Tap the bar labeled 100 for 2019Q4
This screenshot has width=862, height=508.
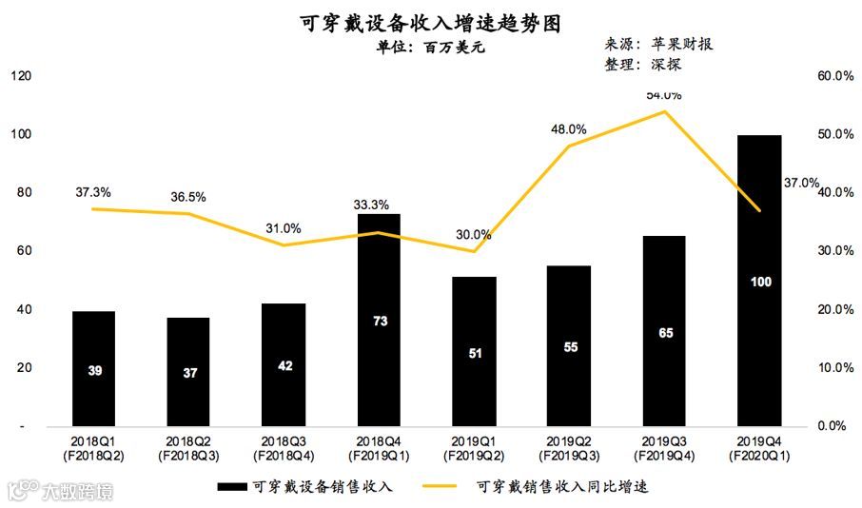759,281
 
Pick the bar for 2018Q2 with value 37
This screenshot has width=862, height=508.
189,371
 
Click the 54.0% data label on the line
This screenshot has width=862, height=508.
663,95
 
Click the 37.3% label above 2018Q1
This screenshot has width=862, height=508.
93,192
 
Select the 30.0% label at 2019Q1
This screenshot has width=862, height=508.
474,234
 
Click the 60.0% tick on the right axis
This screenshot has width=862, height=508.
835,76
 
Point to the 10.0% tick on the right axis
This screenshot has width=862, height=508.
835,367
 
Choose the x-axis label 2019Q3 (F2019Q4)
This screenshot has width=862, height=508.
664,449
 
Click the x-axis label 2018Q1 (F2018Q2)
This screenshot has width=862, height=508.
94,449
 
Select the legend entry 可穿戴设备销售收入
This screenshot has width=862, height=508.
304,486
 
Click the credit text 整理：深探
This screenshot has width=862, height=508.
642,65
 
